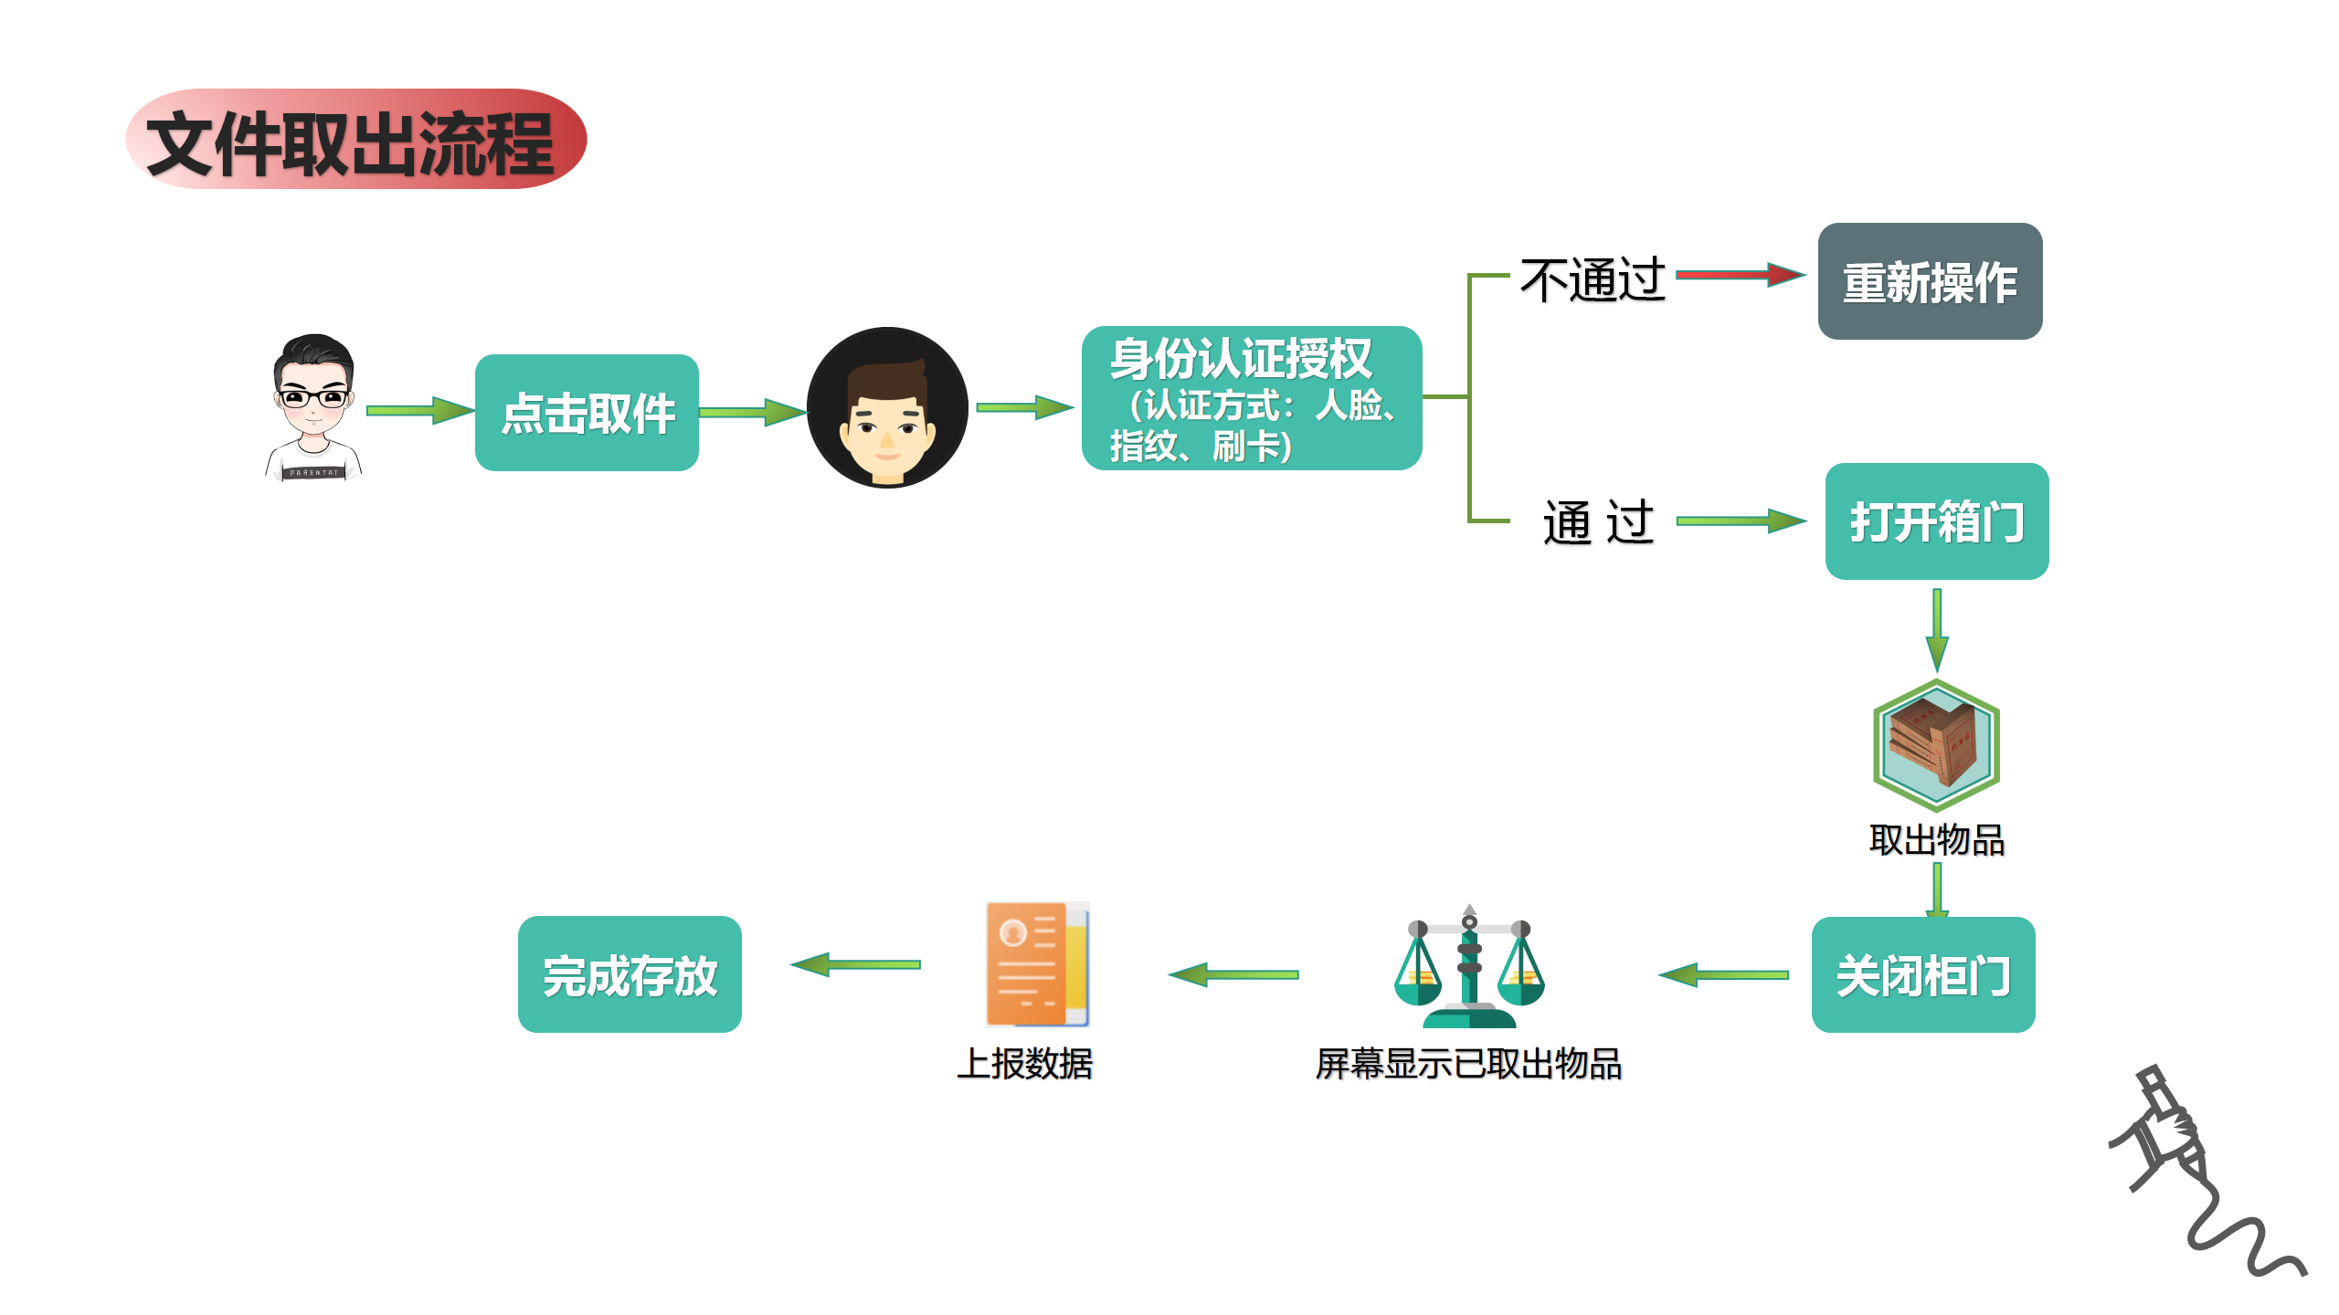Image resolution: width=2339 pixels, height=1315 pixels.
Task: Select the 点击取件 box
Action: (587, 413)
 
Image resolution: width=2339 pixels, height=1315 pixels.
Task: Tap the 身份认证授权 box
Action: (1251, 398)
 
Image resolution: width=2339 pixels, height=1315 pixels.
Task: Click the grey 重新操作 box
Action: (1930, 281)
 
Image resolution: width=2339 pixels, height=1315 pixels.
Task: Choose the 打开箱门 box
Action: (1936, 521)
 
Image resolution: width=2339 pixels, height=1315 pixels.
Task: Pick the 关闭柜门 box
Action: (1922, 975)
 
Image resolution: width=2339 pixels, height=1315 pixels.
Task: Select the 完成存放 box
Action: (630, 974)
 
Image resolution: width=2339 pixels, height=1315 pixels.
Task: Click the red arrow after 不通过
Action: (1740, 274)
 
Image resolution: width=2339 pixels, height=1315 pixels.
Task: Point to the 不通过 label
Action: (1593, 279)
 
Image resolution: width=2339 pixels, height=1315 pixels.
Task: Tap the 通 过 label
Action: (1598, 522)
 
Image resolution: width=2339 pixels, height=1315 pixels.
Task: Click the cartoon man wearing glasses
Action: (313, 407)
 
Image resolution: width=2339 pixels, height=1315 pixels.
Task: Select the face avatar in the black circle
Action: (887, 407)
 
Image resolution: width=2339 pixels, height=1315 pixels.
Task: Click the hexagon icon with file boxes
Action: (1936, 745)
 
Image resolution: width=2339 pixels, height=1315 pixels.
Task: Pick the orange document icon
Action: (1037, 964)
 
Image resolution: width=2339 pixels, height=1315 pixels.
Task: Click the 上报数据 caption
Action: (1024, 1064)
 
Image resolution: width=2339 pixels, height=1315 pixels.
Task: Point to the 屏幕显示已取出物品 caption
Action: (1468, 1064)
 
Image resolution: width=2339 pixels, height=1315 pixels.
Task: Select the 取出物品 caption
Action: (1936, 840)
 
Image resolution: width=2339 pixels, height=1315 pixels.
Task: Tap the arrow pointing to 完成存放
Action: (855, 964)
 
